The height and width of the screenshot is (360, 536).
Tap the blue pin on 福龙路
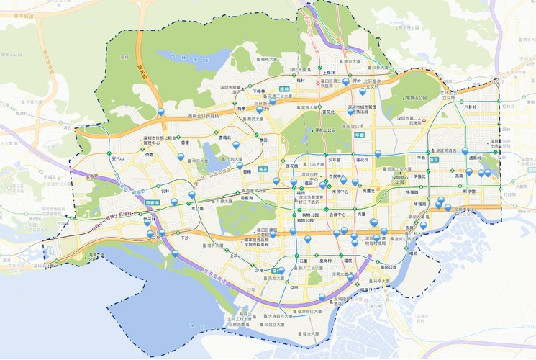(x=161, y=112)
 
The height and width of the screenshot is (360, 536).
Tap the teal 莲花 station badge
(x=263, y=168)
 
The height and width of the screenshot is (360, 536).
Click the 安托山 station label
(x=119, y=158)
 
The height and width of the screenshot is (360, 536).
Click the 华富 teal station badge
(x=359, y=134)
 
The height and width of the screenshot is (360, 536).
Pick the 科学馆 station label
(x=469, y=191)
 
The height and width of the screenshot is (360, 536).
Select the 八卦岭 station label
(x=470, y=107)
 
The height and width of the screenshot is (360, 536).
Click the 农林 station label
(x=165, y=192)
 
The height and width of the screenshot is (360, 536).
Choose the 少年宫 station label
(x=334, y=158)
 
